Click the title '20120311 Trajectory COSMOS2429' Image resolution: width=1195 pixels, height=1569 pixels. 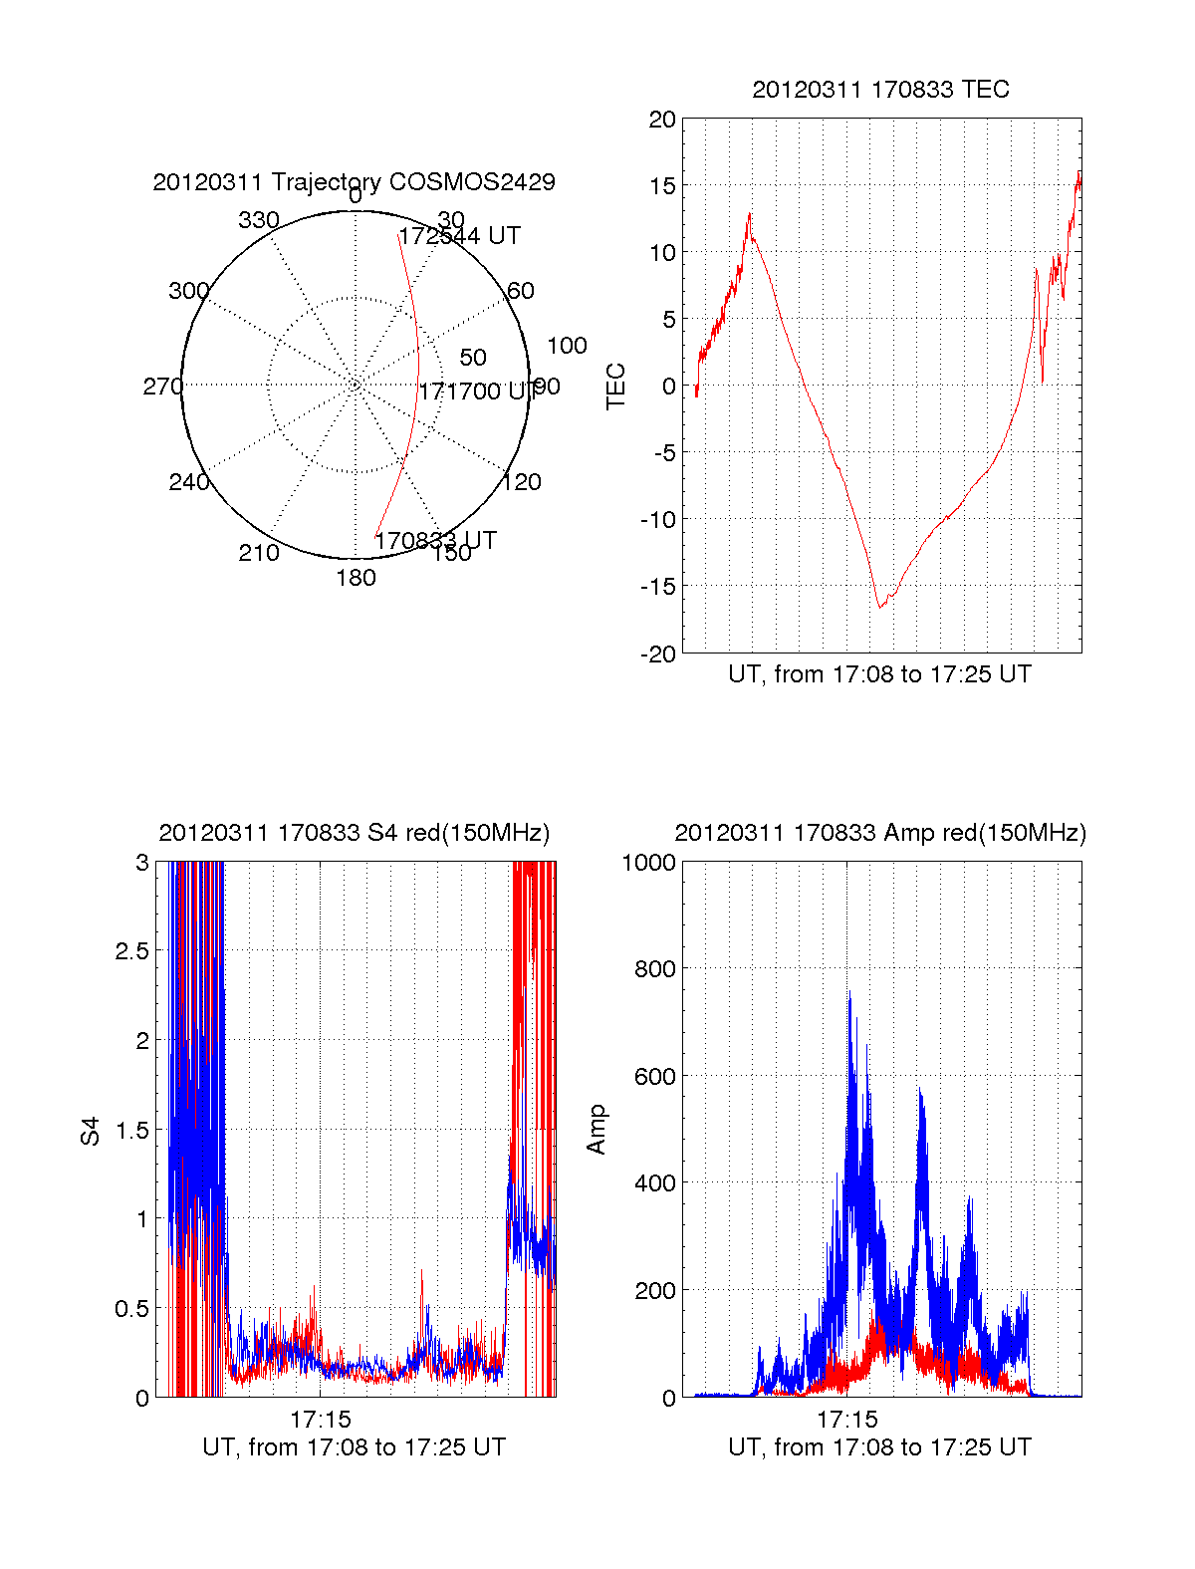click(x=354, y=182)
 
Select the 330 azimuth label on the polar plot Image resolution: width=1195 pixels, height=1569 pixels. click(x=259, y=220)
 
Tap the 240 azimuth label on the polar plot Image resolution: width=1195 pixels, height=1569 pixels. click(x=188, y=482)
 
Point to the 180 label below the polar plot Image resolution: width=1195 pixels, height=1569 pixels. click(x=356, y=578)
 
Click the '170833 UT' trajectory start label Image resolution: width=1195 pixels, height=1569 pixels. click(x=435, y=541)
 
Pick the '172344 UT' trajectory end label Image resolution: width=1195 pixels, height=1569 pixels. click(x=460, y=236)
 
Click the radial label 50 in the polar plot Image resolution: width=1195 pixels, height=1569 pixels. click(x=473, y=358)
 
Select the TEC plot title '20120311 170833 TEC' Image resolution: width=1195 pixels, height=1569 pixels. click(x=880, y=90)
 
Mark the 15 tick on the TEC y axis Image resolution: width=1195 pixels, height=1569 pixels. click(x=662, y=186)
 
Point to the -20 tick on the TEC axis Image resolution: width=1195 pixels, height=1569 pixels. click(x=659, y=654)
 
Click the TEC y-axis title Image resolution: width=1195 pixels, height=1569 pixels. click(x=616, y=387)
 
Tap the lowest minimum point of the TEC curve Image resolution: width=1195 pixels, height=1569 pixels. click(x=879, y=607)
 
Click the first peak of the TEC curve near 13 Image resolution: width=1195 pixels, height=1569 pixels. click(x=750, y=213)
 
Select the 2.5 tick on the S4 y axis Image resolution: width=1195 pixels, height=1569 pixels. click(x=131, y=951)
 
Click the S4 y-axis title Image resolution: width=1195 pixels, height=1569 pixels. click(x=91, y=1132)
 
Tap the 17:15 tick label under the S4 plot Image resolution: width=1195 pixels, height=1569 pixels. click(x=321, y=1419)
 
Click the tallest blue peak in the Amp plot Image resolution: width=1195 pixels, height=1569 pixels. click(x=849, y=994)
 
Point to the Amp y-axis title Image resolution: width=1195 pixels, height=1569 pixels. click(x=597, y=1130)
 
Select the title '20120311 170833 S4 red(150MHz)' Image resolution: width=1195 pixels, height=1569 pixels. click(x=354, y=833)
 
